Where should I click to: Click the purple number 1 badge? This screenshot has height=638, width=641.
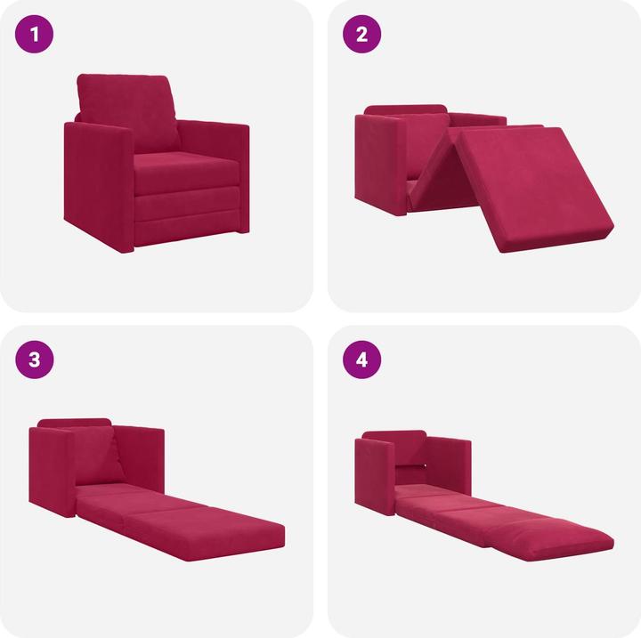click(x=37, y=36)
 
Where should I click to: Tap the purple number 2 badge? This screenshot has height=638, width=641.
click(x=361, y=36)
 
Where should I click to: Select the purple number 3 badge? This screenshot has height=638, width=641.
click(x=37, y=359)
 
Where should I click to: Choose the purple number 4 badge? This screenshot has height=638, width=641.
click(x=361, y=359)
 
